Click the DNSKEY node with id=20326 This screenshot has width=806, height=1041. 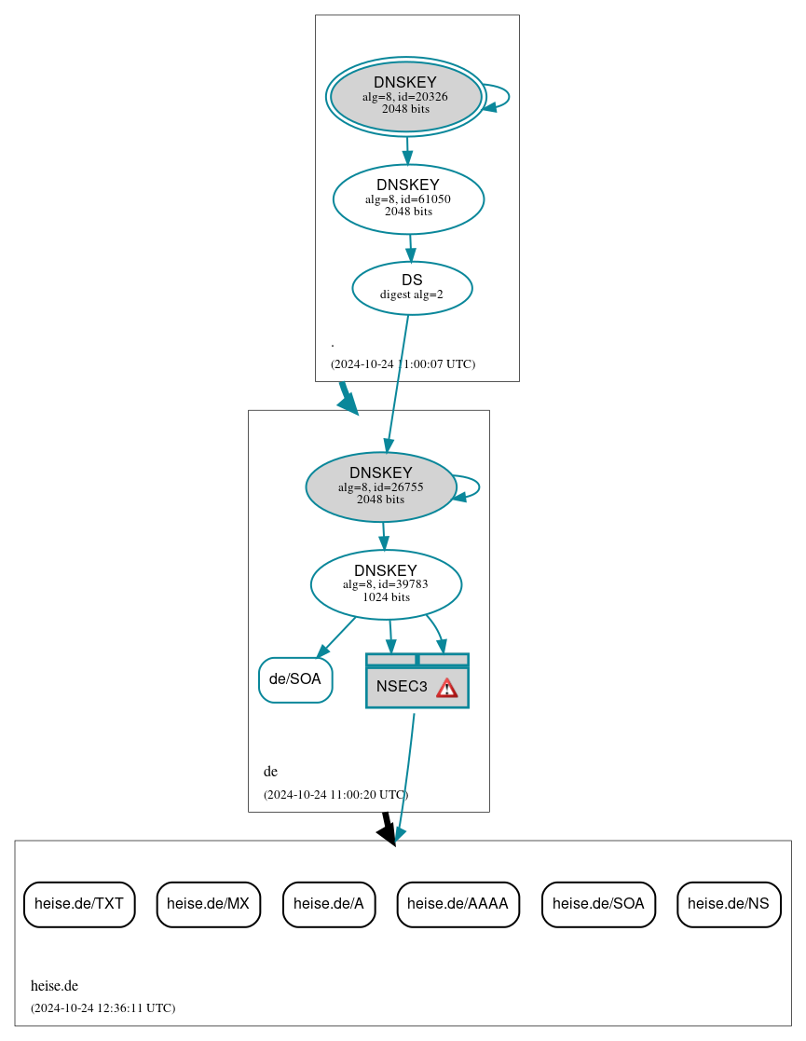click(x=405, y=96)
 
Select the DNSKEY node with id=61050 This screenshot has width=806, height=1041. click(x=408, y=199)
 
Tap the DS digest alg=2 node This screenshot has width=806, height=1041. click(x=412, y=288)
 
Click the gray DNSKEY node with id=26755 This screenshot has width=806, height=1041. click(x=380, y=486)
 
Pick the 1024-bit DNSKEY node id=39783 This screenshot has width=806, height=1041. click(x=386, y=584)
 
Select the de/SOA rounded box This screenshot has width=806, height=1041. click(x=295, y=679)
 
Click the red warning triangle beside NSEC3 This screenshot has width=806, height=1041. click(x=447, y=688)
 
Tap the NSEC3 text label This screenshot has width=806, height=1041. click(x=402, y=687)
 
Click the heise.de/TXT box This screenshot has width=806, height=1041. click(x=79, y=904)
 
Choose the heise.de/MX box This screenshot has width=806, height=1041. click(x=208, y=904)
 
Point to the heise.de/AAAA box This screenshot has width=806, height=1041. click(x=458, y=904)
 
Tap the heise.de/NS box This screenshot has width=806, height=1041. click(x=729, y=904)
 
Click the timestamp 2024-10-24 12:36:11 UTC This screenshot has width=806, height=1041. click(x=102, y=1008)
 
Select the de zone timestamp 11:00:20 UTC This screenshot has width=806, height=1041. click(x=335, y=795)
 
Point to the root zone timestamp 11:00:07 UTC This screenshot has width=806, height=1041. click(x=403, y=364)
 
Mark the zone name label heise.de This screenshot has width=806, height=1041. click(x=54, y=986)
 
